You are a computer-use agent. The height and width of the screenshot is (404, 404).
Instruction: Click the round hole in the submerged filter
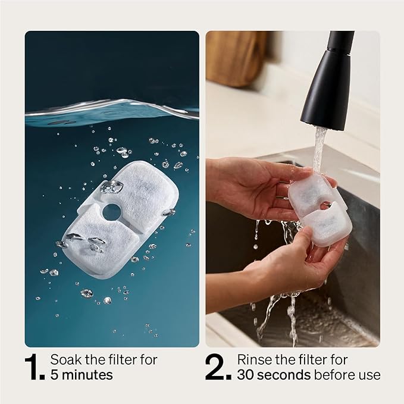point(111,212)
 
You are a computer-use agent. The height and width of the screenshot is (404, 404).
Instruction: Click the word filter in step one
point(121,360)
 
